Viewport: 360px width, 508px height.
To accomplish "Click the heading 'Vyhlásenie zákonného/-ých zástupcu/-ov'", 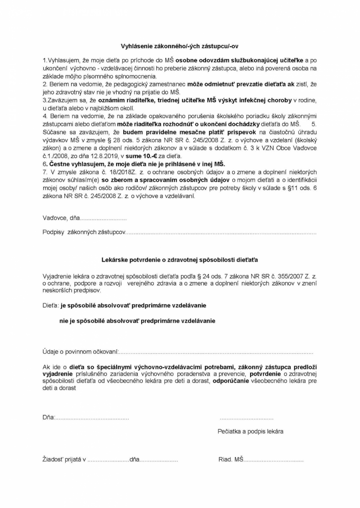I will pos(180,46).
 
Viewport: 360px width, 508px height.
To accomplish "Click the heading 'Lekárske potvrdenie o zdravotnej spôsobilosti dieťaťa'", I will pos(180,260).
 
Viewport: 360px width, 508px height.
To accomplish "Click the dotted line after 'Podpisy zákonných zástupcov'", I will pos(220,233).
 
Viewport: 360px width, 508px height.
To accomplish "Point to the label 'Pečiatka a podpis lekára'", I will pos(250,431).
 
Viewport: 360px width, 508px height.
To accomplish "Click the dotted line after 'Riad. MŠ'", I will pos(273,460).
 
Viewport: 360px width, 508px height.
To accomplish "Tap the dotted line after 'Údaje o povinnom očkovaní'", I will pos(216,352).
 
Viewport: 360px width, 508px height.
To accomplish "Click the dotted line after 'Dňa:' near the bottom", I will pos(92,418).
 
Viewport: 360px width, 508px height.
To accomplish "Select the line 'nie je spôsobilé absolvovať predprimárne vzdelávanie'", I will pos(138,321).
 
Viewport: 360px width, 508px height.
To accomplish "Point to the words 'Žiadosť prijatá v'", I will pos(64,460).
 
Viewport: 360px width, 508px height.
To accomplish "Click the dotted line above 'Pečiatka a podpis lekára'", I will pos(247,418).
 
